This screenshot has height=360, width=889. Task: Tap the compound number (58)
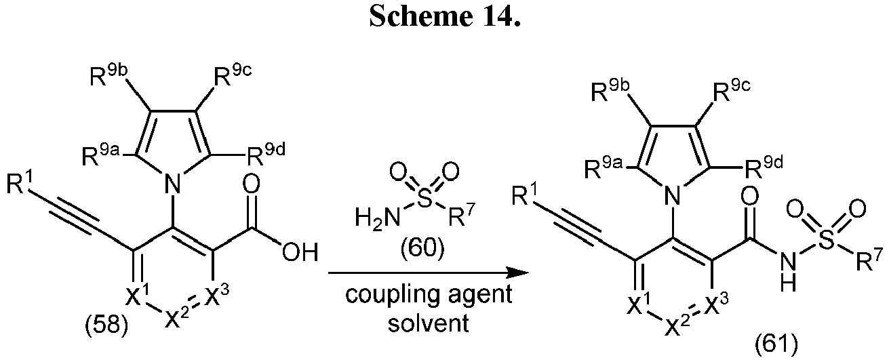106,326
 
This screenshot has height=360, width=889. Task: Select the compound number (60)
422,249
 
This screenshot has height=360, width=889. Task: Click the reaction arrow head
518,273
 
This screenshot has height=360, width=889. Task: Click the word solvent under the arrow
429,323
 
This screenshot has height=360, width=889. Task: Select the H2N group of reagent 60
378,218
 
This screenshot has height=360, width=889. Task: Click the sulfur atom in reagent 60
424,199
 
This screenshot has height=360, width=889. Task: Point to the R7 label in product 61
869,260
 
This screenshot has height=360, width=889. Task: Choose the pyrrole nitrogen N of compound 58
172,184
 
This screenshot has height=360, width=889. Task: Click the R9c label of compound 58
233,75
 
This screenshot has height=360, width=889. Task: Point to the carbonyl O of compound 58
251,184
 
